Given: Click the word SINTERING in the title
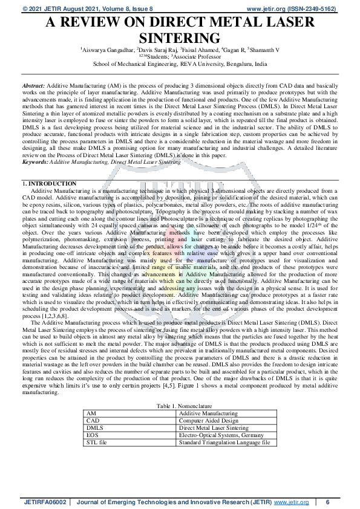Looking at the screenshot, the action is coord(180,36).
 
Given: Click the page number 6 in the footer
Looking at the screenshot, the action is coord(327,502).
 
